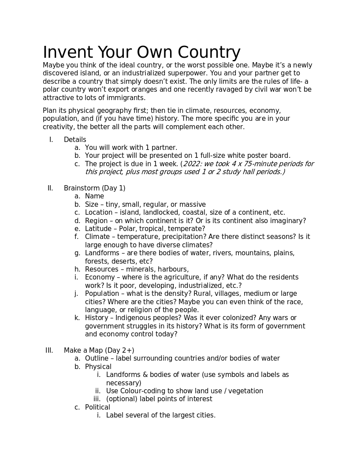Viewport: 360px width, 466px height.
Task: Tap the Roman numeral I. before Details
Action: pos(51,140)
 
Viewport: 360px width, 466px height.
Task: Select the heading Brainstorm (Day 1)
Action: pos(94,188)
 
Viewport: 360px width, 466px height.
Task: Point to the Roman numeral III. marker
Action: pos(49,350)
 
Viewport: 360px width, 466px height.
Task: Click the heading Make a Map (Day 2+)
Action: pos(99,350)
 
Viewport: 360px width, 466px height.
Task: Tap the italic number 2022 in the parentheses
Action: pos(191,164)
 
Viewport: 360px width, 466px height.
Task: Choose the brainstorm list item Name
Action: pos(94,196)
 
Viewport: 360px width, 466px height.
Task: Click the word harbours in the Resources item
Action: pos(173,269)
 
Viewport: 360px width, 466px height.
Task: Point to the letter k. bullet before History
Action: pos(77,318)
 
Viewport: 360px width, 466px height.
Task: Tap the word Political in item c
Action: pos(97,407)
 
